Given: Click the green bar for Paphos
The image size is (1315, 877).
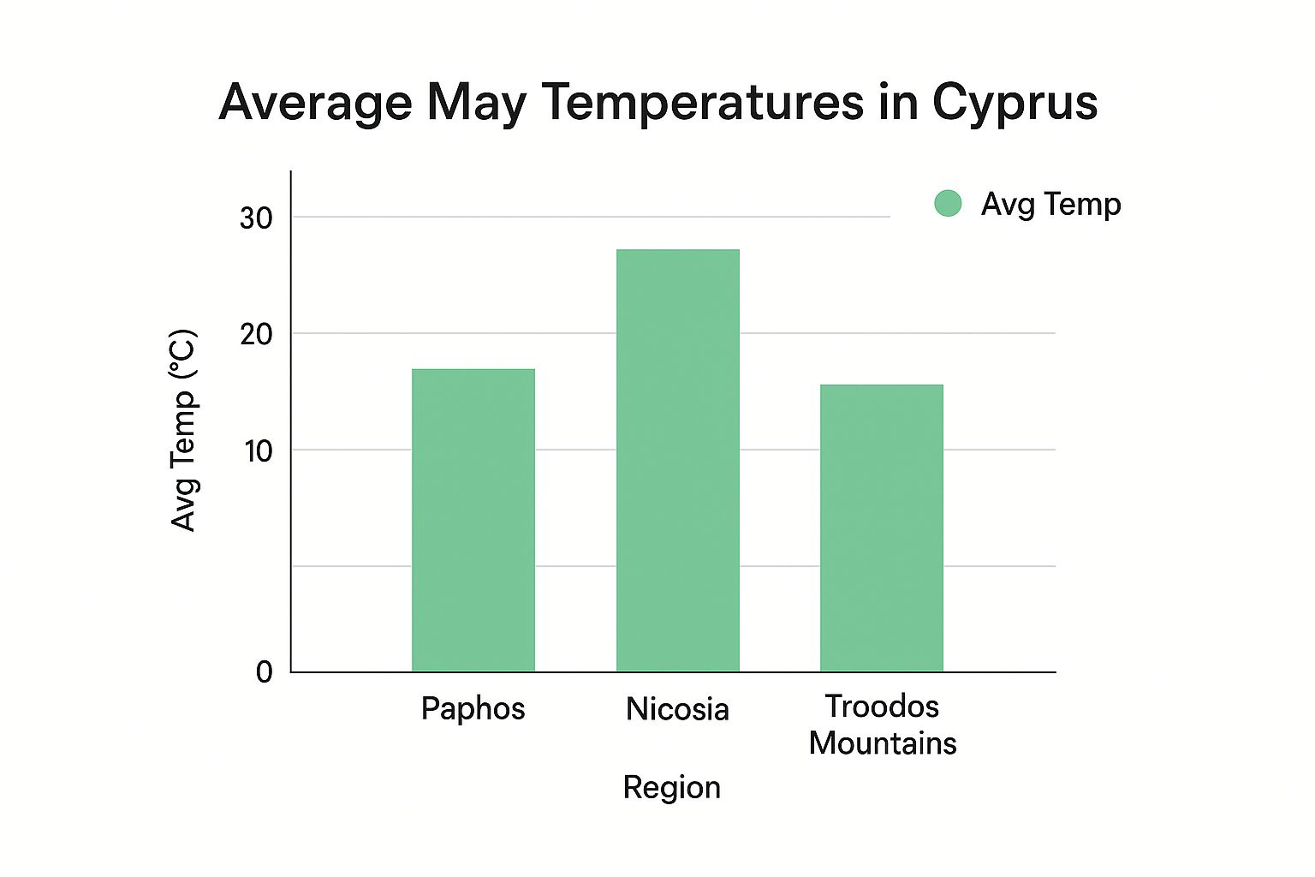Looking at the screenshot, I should click(473, 520).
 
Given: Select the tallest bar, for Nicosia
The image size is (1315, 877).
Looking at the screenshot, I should click(678, 460).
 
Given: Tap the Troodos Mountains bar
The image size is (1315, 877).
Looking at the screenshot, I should click(882, 528).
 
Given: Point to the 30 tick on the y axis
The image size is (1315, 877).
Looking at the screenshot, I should click(256, 218).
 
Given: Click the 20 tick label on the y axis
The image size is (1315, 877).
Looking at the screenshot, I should click(256, 334).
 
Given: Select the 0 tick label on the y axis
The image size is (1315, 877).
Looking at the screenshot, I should click(265, 672).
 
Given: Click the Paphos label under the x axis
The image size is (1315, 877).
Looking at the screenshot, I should click(473, 709).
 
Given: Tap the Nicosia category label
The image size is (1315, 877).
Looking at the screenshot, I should click(677, 709).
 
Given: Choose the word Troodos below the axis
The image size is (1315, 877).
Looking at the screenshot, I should click(882, 707).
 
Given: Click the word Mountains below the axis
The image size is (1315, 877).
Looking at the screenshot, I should click(882, 743).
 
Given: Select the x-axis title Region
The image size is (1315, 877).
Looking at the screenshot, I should click(671, 787).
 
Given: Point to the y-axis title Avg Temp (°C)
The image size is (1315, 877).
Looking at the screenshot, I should click(184, 430).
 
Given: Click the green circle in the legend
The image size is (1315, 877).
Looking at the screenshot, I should click(948, 204).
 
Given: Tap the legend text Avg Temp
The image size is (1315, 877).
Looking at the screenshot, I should click(1050, 204).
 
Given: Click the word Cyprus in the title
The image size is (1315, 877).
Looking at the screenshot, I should click(1015, 103).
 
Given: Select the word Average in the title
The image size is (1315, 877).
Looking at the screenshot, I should click(315, 103).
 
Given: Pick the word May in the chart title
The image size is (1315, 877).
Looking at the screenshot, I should click(476, 103).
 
